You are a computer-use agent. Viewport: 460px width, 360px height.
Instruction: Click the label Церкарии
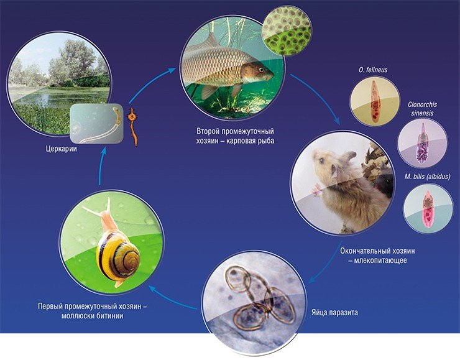pyautogui.click(x=62, y=149)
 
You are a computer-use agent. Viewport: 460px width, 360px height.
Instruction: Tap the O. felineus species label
pyautogui.click(x=373, y=70)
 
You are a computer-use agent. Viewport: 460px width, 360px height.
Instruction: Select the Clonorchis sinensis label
pyautogui.click(x=422, y=109)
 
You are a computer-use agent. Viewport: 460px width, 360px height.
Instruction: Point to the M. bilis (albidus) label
pyautogui.click(x=427, y=177)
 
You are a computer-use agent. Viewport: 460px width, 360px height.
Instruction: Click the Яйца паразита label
pyautogui.click(x=334, y=313)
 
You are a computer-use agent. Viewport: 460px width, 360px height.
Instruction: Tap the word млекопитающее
pyautogui.click(x=380, y=261)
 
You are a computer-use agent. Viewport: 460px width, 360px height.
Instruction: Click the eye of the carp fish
pyautogui.click(x=261, y=69)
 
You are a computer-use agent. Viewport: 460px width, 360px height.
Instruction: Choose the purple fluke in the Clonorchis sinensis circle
pyautogui.click(x=423, y=144)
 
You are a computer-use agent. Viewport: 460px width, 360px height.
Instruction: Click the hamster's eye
pyautogui.click(x=322, y=160)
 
